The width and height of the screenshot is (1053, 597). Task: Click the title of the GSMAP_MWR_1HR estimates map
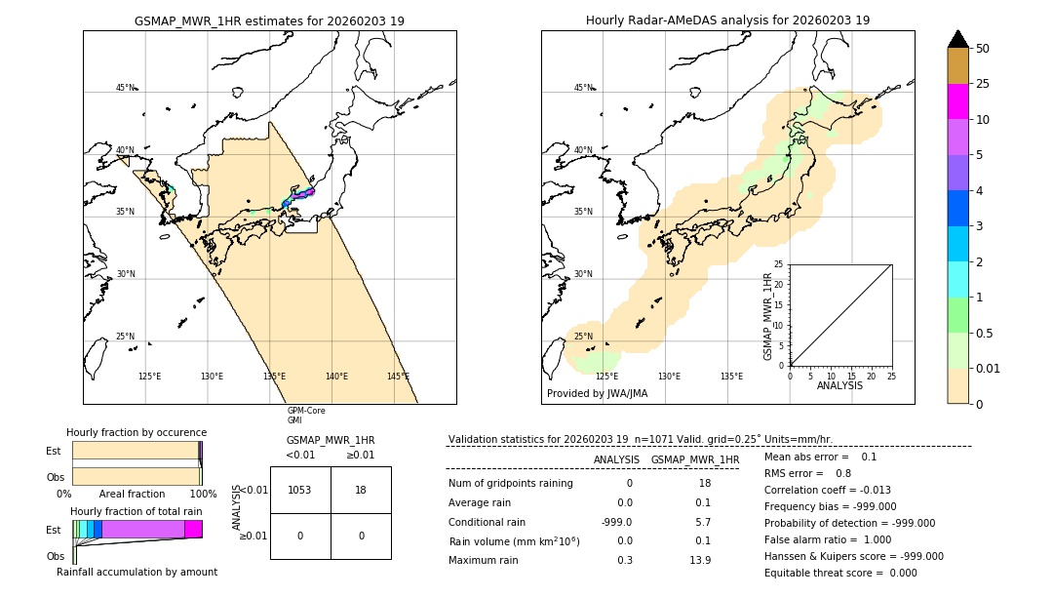(269, 20)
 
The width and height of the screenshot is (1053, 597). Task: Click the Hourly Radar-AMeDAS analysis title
(727, 20)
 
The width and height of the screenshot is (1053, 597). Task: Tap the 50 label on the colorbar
(983, 49)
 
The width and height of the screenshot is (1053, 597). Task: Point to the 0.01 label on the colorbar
(989, 368)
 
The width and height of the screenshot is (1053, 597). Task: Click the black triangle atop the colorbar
(957, 39)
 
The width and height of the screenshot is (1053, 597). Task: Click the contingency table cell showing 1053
(300, 490)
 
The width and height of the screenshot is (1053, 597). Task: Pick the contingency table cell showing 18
(361, 490)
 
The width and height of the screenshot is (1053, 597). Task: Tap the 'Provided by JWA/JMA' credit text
(597, 393)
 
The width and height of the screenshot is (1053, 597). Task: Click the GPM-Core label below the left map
(306, 411)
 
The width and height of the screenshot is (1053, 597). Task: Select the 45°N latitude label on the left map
(126, 88)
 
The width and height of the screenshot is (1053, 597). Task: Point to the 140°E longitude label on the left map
(336, 377)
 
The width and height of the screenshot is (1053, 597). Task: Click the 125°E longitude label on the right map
(606, 377)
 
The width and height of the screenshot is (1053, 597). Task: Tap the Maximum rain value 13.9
(699, 560)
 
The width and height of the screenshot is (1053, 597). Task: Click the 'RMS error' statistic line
(808, 473)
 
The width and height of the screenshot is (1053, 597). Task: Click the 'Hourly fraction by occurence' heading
(136, 432)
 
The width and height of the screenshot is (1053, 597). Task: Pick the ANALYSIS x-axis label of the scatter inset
(839, 385)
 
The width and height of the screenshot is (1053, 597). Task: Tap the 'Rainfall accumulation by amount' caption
(136, 572)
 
